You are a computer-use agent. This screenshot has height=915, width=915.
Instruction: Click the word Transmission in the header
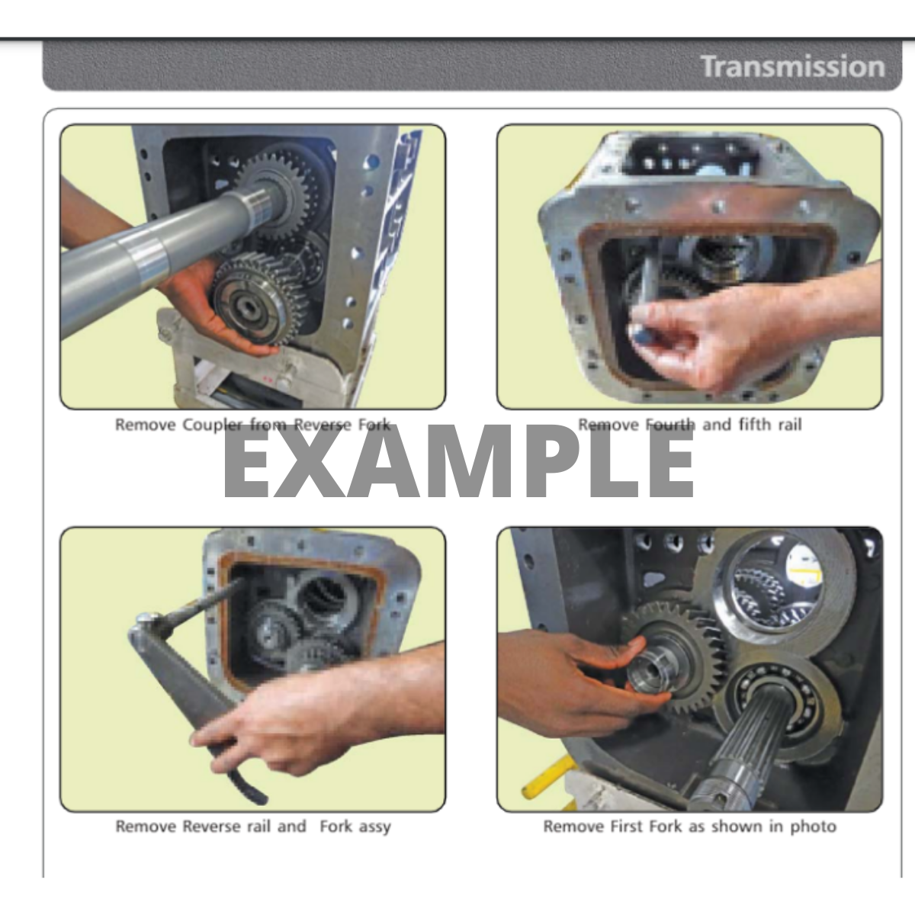coord(793,66)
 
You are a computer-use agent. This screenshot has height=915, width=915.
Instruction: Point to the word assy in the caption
coord(374,827)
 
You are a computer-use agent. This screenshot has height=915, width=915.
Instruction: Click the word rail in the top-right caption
coord(790,424)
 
